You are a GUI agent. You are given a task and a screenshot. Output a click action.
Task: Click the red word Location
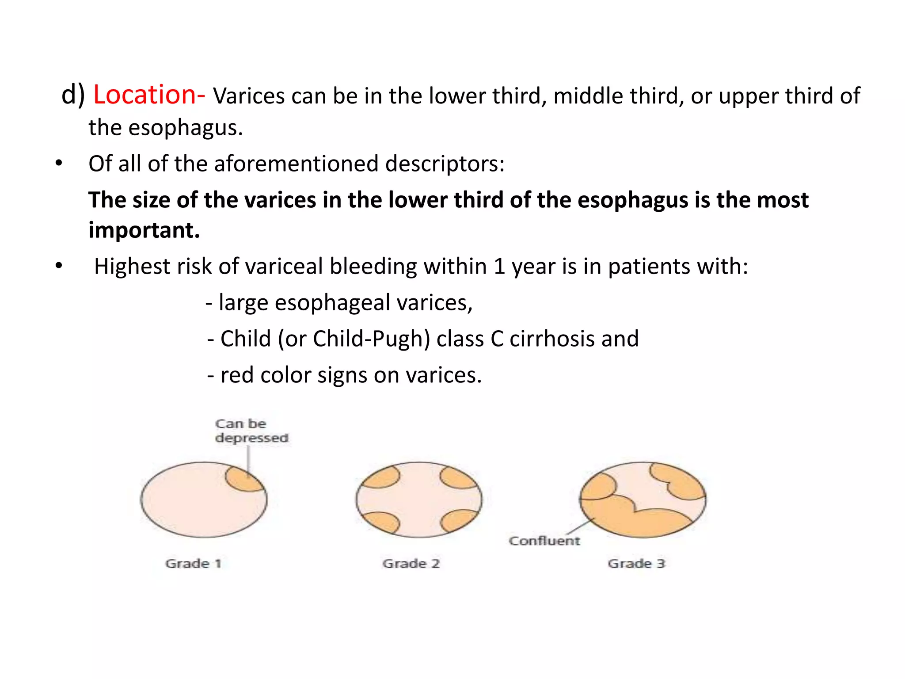point(144,95)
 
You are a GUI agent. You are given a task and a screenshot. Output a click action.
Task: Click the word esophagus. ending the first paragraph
point(185,128)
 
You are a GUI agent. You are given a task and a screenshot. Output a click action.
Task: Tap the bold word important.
point(144,230)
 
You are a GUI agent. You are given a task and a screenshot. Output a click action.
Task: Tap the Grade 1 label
point(193,564)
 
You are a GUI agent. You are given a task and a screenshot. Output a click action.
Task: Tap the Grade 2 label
point(411,564)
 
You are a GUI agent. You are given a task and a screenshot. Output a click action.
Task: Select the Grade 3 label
point(636,564)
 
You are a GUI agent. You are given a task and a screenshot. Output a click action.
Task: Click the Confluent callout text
point(544,541)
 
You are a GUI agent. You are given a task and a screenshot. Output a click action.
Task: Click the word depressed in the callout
point(251,438)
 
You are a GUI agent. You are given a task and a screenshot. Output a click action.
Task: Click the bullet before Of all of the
point(59,164)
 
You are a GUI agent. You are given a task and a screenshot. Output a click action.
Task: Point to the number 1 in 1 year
point(499,267)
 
